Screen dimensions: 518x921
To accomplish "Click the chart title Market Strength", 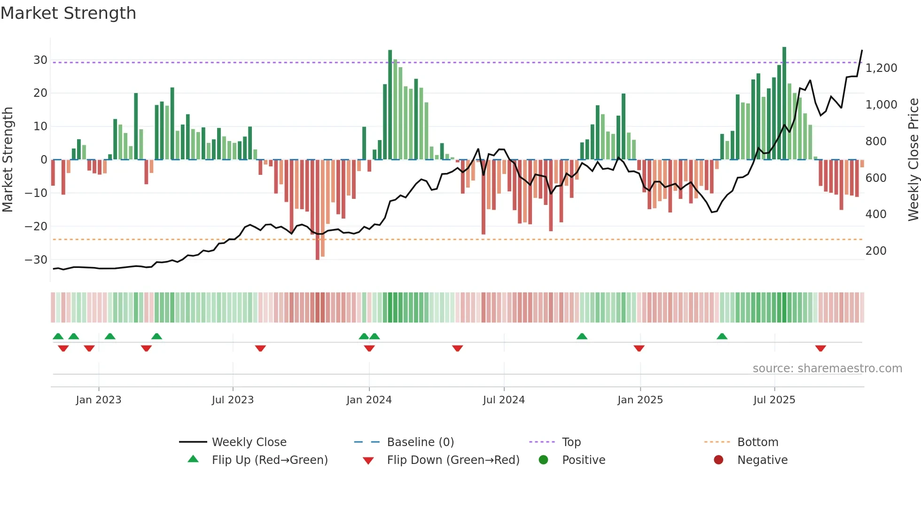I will [68, 13].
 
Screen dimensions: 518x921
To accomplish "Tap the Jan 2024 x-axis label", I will [369, 400].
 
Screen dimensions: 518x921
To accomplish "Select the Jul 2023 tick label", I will [233, 400].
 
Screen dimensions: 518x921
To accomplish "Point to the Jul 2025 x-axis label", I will [774, 400].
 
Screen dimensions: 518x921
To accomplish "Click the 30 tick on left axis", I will [40, 60].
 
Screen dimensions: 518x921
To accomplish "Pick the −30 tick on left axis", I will [36, 260].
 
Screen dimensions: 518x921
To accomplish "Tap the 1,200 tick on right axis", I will [881, 68].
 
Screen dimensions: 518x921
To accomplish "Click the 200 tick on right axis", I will [876, 251].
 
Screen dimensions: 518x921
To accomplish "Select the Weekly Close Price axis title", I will [913, 160].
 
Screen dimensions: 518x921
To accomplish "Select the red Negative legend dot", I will [718, 460].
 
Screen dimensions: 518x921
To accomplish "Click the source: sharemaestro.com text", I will [827, 369].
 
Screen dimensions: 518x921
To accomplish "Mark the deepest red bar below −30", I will [318, 212].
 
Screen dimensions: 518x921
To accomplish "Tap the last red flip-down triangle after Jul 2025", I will [820, 348].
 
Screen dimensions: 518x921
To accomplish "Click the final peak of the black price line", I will [862, 50].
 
